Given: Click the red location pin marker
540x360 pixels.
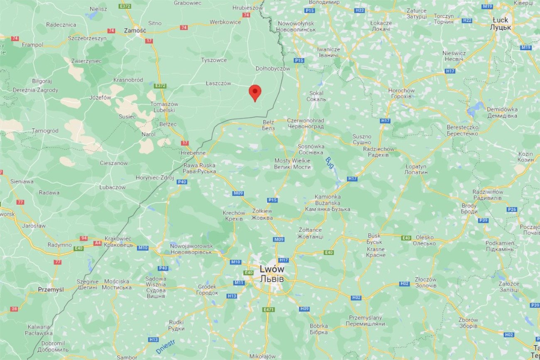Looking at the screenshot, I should (255, 92).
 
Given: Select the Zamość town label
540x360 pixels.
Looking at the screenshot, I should (135, 30).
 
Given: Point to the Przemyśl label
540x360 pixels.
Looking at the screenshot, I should (51, 289).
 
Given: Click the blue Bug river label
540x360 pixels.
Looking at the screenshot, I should (330, 162).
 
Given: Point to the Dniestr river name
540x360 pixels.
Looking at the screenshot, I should (165, 347).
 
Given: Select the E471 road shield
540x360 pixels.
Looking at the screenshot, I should (269, 310).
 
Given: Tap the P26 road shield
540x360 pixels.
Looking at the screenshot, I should (512, 209).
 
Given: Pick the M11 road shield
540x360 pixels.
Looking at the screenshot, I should (239, 283).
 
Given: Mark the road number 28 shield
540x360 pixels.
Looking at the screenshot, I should (14, 309).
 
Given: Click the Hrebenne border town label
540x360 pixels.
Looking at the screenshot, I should (193, 153).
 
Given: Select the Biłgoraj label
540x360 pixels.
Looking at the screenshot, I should (42, 81).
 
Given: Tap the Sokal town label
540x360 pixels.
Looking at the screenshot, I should (316, 96).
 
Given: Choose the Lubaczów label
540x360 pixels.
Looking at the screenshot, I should (112, 187).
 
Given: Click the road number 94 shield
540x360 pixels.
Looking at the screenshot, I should (84, 238).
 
